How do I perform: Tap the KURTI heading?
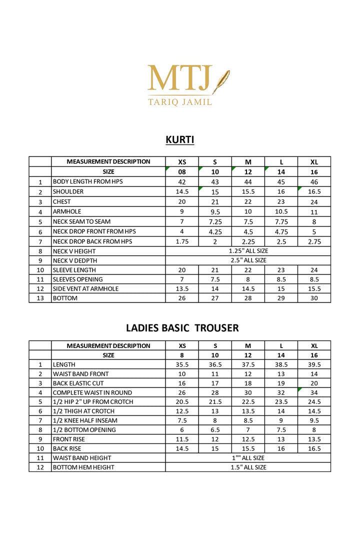tap(180, 139)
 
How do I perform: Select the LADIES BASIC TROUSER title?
tap(182, 328)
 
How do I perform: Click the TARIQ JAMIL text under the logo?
tap(180, 102)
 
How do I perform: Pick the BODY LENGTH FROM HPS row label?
tap(88, 181)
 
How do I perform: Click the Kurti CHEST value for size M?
tap(248, 202)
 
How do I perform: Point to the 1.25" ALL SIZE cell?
tap(248, 251)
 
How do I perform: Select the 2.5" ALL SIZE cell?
tap(248, 260)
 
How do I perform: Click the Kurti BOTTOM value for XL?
tap(314, 298)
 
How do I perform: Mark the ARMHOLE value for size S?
tap(215, 211)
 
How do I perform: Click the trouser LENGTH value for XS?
tap(182, 364)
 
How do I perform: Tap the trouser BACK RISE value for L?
tap(281, 448)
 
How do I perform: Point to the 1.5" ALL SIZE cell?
tap(248, 467)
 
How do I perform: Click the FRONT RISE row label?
tap(69, 439)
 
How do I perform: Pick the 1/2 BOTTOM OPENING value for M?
tap(248, 429)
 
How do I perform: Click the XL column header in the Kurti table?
tap(314, 161)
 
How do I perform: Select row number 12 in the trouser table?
tap(40, 467)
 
